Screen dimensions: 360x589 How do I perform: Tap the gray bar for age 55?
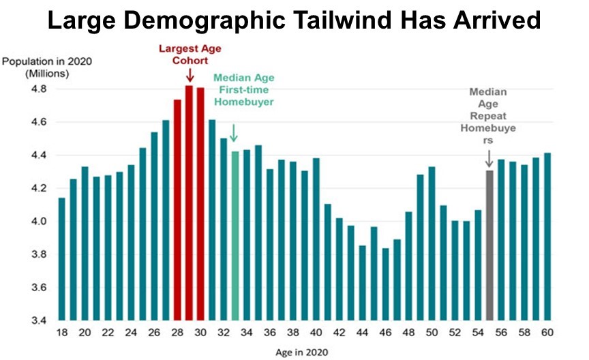tap(489, 245)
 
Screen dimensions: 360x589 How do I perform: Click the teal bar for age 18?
tap(62, 259)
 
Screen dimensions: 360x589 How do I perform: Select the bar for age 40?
tap(316, 239)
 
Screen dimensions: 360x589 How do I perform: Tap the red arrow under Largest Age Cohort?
tap(189, 74)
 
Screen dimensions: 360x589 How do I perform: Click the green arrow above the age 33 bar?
tap(235, 132)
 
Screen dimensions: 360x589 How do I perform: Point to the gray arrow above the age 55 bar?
tap(489, 158)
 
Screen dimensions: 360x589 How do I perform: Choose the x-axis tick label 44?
tap(362, 333)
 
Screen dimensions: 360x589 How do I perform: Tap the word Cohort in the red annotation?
tap(189, 61)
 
